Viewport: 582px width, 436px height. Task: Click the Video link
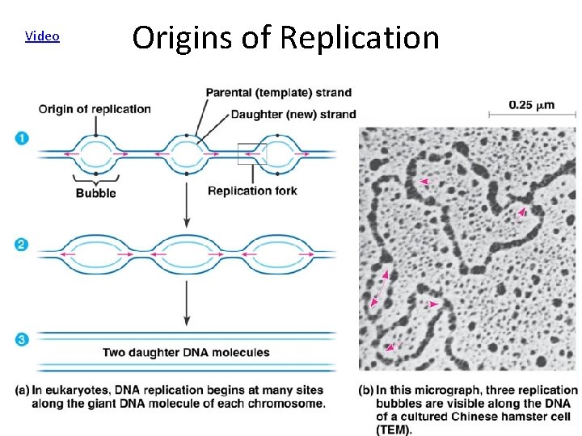click(42, 36)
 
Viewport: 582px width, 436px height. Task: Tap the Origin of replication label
click(95, 109)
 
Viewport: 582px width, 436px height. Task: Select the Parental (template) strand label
click(278, 93)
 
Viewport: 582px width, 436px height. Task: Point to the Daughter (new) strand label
click(293, 114)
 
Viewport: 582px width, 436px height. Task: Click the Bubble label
click(95, 192)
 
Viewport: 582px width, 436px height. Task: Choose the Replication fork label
click(252, 191)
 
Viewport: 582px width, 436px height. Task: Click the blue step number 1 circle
click(23, 139)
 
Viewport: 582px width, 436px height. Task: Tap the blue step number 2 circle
click(23, 244)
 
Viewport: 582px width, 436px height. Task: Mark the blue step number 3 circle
click(23, 340)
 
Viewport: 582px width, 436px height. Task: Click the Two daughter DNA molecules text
click(186, 353)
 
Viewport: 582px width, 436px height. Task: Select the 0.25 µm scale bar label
click(531, 105)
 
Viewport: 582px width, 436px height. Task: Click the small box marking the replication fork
click(251, 153)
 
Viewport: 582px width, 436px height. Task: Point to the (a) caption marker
click(23, 391)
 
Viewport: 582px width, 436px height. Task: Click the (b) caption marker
click(366, 391)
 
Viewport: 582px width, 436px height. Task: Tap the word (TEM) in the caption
click(394, 430)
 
